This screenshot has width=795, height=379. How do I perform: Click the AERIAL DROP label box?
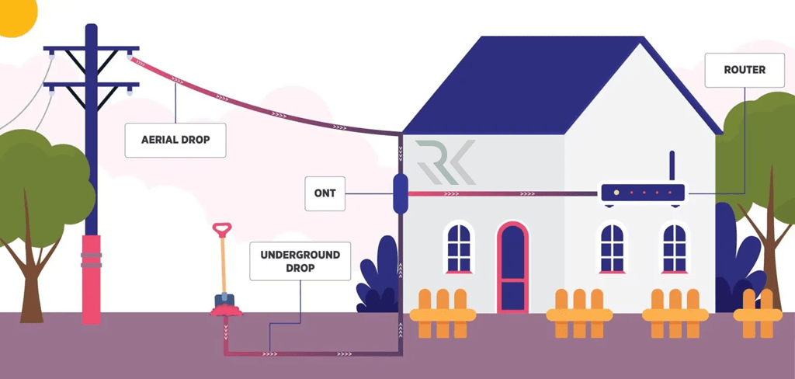point(175,141)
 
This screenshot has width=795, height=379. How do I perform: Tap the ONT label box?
point(325,193)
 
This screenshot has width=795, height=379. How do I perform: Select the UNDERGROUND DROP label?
point(300,260)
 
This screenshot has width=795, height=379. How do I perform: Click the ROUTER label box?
point(744,70)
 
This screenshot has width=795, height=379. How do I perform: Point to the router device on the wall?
point(641,193)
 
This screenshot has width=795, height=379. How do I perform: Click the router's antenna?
point(673,166)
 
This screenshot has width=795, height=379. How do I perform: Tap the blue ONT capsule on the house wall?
point(401,193)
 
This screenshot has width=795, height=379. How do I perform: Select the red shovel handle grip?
point(222,229)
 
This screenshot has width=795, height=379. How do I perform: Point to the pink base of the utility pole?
point(92,280)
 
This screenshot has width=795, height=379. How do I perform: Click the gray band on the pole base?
point(92,259)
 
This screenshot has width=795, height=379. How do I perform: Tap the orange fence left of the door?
point(442,313)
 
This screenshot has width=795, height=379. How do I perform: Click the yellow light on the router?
point(616,192)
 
